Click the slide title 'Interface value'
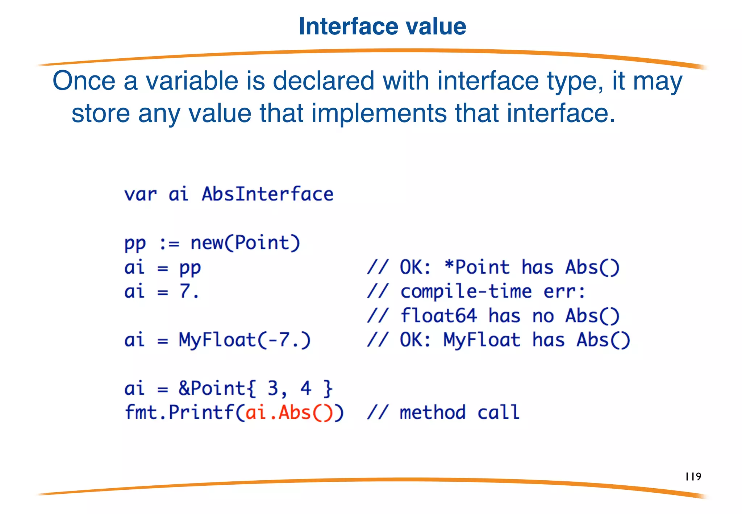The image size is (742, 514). click(x=382, y=26)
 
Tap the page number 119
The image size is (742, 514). click(x=693, y=476)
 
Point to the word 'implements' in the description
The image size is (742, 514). click(x=379, y=113)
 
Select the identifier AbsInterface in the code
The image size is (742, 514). click(x=267, y=194)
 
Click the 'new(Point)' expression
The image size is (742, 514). click(x=245, y=243)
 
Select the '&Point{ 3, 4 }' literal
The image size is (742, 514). click(x=255, y=388)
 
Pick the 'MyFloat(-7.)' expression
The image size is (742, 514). click(x=245, y=340)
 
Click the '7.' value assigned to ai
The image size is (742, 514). click(x=189, y=291)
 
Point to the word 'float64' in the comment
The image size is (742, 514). click(x=438, y=316)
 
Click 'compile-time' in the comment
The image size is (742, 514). click(x=466, y=291)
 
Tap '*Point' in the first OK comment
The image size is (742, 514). click(x=477, y=267)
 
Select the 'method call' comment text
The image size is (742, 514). click(x=459, y=413)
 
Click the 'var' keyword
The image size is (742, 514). click(x=140, y=194)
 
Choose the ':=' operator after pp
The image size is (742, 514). click(x=169, y=243)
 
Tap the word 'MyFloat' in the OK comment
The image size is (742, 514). click(x=482, y=340)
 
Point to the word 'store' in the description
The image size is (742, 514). click(x=100, y=113)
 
